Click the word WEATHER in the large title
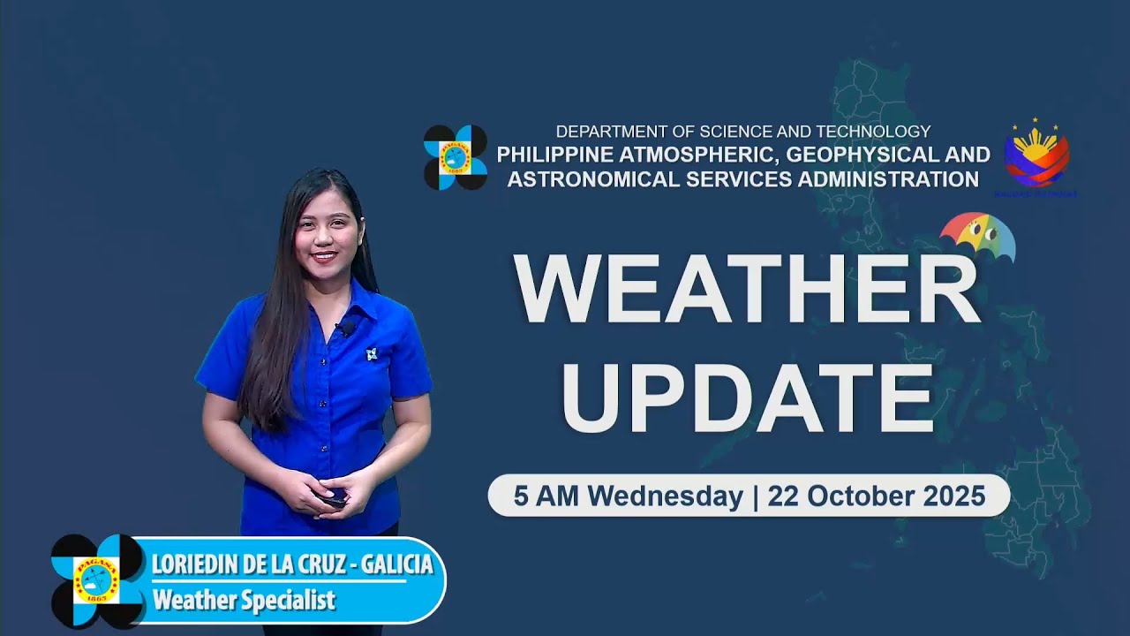click(x=748, y=289)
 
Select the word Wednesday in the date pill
click(x=665, y=496)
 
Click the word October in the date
click(x=846, y=496)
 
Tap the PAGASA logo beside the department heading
click(x=455, y=157)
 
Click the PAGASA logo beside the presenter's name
click(x=97, y=580)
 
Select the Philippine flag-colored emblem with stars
click(x=1036, y=155)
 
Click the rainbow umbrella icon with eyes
click(x=977, y=237)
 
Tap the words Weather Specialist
click(x=244, y=601)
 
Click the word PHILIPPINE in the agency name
click(x=553, y=155)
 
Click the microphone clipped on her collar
click(x=343, y=329)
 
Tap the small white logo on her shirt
click(x=372, y=353)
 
